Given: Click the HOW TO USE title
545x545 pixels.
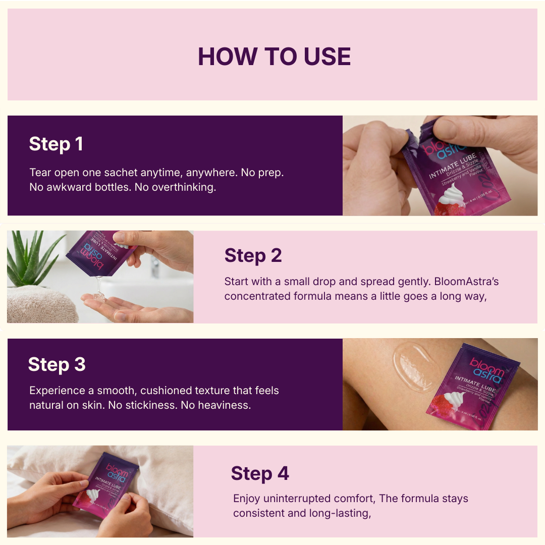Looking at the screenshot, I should [274, 56].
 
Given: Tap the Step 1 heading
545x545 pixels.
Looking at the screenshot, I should [56, 144].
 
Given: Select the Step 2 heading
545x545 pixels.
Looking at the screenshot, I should [253, 255].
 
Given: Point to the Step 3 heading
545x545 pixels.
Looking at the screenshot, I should [57, 364].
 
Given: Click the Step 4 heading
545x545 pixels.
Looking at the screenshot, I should [260, 473].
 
